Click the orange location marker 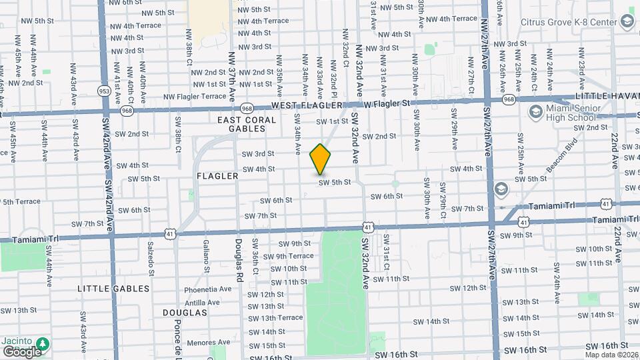point(320,159)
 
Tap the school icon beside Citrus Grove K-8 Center point(627,22)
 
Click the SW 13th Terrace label point(277,318)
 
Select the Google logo point(21,351)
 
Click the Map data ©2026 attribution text point(611,355)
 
